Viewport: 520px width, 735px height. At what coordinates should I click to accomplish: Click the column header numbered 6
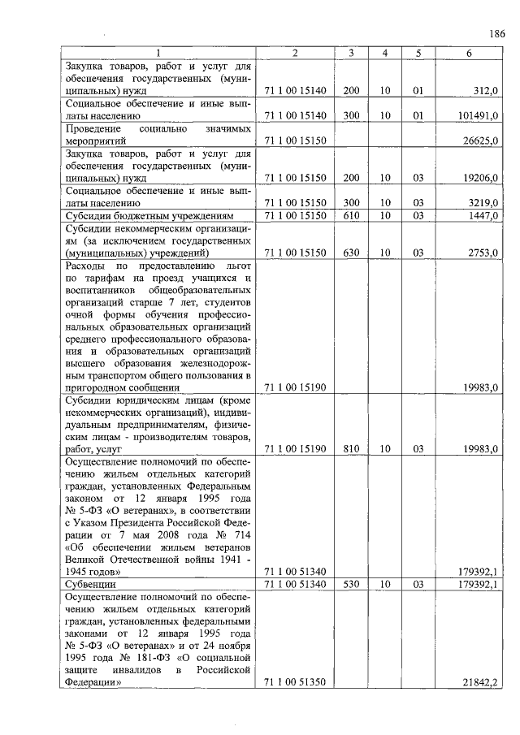click(468, 53)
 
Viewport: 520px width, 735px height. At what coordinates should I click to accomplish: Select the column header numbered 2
click(295, 53)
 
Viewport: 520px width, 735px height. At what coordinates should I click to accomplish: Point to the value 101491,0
click(478, 116)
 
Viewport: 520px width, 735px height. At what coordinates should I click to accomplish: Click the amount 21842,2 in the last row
click(480, 683)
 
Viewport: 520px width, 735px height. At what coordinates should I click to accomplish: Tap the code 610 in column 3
click(351, 216)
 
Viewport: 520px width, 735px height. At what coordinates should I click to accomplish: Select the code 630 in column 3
click(351, 253)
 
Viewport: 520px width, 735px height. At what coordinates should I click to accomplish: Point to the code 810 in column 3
click(351, 447)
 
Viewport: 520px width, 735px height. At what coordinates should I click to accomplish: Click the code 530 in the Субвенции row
click(351, 584)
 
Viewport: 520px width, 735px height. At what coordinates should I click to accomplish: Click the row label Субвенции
click(90, 584)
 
